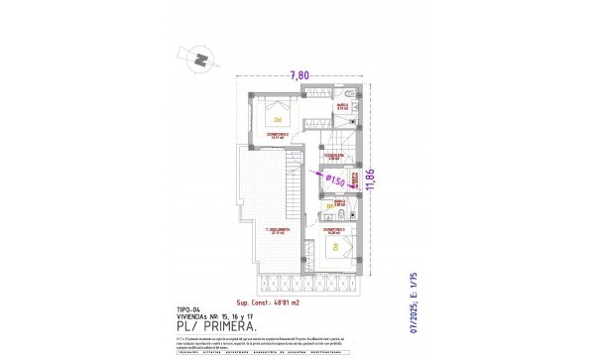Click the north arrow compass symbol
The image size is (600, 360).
(x=201, y=60)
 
